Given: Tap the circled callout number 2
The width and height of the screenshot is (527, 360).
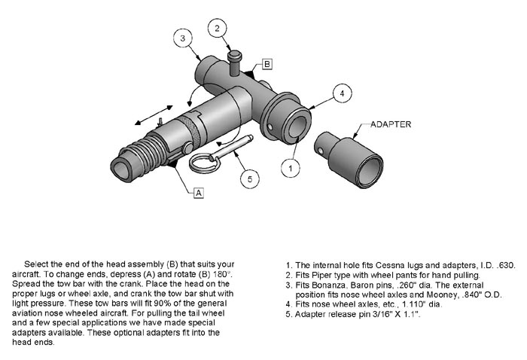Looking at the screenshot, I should tap(217, 29).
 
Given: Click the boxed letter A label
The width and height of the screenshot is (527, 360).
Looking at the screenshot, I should tap(199, 193).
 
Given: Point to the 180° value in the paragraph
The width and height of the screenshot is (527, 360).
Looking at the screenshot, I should tap(222, 273).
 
